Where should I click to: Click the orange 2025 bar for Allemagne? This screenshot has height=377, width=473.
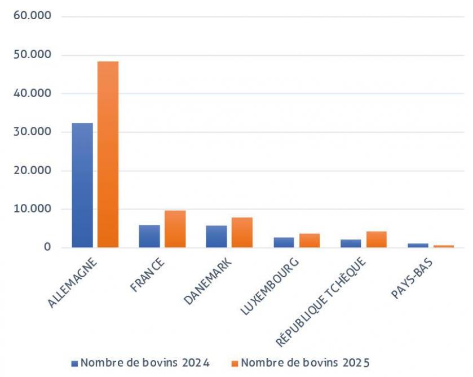point(108,154)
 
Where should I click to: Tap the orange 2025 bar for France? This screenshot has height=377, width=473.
point(175,229)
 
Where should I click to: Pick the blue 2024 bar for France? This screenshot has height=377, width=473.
point(149,236)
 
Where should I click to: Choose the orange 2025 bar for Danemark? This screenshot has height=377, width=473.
point(242,232)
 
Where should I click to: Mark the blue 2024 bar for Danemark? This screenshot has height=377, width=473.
point(216,237)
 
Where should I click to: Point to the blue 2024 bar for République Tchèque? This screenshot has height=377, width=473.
point(351,243)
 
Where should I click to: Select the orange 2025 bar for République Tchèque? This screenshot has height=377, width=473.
point(376,239)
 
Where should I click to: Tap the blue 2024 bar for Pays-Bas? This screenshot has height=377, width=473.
point(418,245)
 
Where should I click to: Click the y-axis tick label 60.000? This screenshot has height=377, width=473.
point(32,16)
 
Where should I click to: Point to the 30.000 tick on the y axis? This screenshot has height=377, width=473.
point(32,132)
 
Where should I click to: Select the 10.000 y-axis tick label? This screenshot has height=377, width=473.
point(32,209)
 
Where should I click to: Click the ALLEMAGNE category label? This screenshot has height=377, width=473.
point(73,282)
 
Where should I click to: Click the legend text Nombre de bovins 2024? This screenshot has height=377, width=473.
point(145,363)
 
